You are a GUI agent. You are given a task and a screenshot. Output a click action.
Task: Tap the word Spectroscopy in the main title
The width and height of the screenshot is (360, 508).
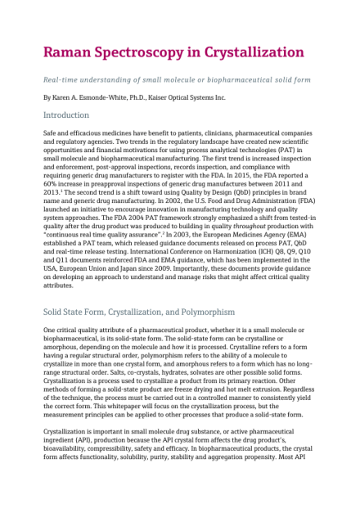pyautogui.click(x=161, y=53)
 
